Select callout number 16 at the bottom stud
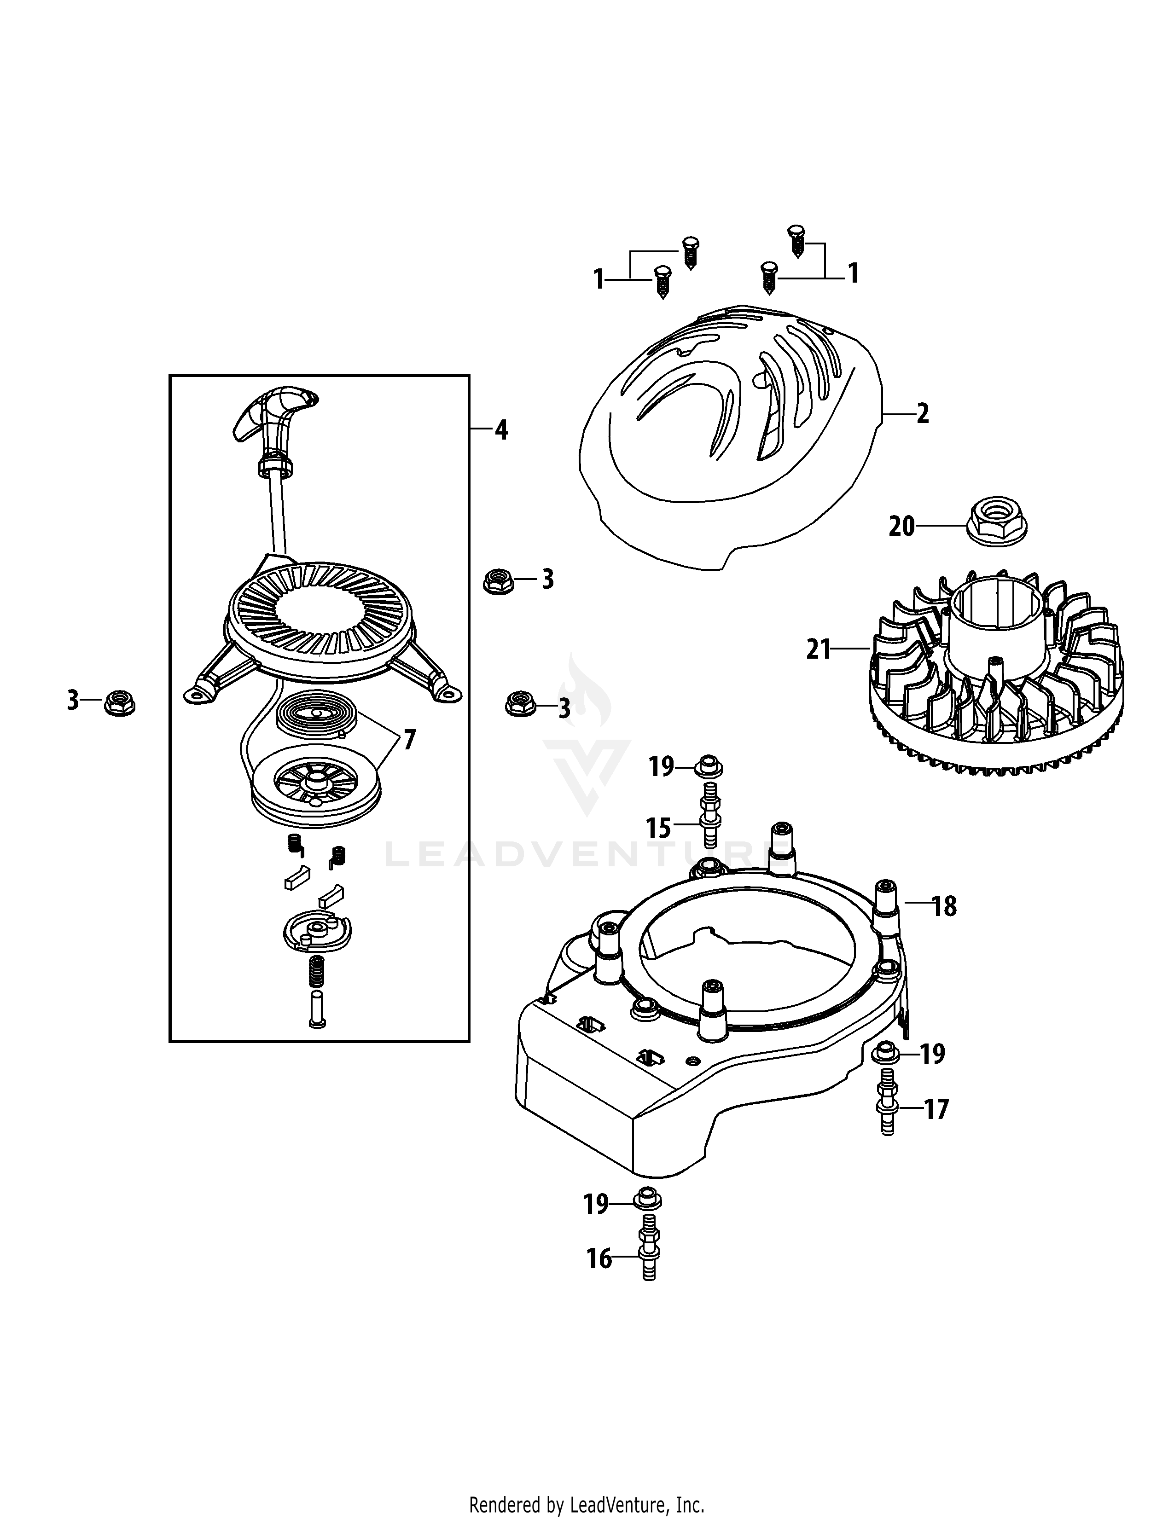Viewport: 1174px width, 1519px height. pyautogui.click(x=599, y=1259)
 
